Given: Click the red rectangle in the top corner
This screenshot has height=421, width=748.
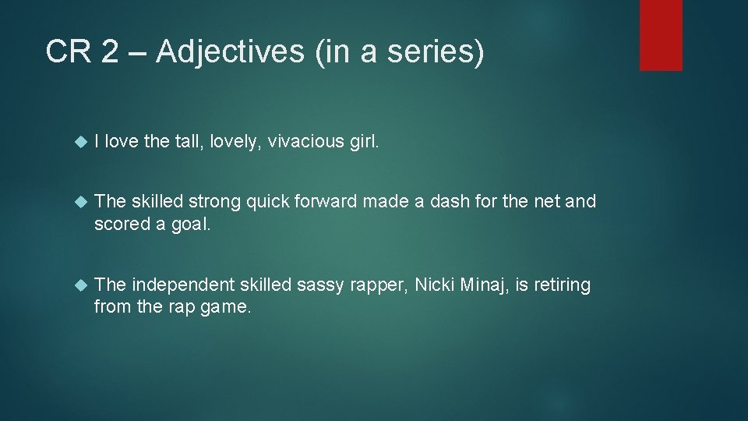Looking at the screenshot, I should click(x=661, y=34).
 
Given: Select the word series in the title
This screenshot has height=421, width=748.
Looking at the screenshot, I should click(x=436, y=52).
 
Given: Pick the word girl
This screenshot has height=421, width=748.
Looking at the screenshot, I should click(x=363, y=141).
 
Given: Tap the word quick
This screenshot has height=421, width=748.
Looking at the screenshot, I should click(x=267, y=201).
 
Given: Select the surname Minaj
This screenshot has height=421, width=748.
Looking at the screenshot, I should click(x=483, y=285).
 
